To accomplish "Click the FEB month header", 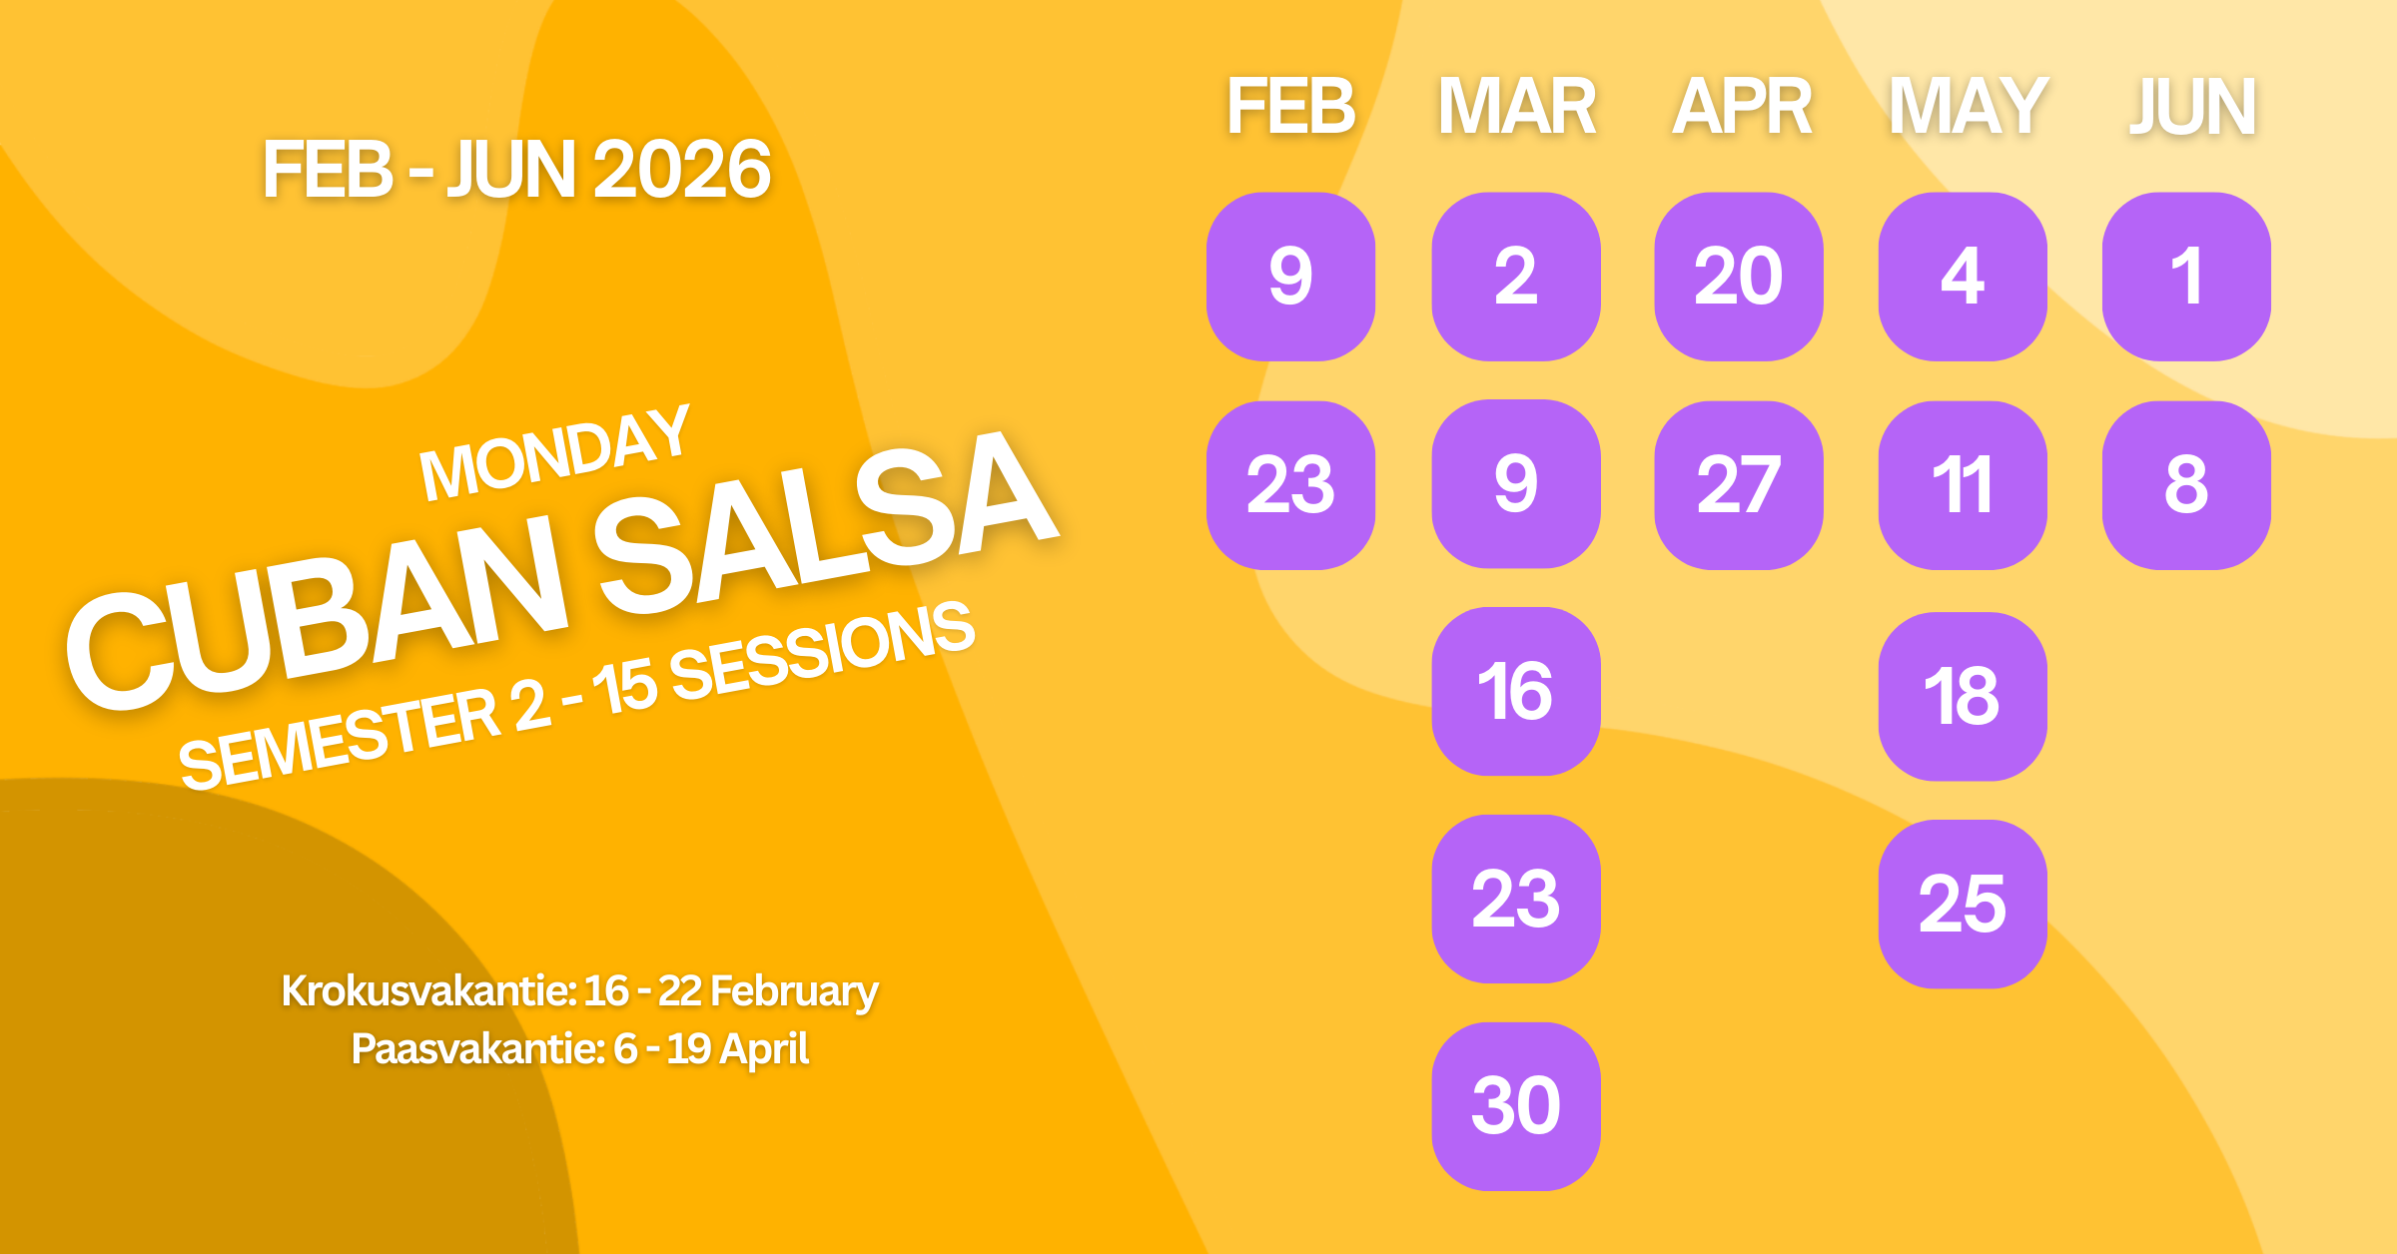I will (1290, 106).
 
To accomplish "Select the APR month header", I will (1742, 106).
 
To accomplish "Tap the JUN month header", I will (2191, 106).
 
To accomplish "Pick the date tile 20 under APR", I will (1739, 277).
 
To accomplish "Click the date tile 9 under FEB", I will (1290, 277).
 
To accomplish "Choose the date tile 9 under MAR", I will (1515, 484).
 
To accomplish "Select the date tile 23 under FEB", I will (1290, 485).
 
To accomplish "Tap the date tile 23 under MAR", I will (1515, 899).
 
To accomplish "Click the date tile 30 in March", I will (1515, 1106).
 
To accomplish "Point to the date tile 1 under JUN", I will (2186, 277).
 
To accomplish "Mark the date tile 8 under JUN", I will (2186, 485).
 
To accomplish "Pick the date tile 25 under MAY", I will (1963, 904).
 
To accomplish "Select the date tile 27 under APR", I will (1739, 485).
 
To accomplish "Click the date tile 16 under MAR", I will (1515, 691).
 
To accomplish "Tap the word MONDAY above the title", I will (555, 454).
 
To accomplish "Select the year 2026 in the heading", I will (681, 170).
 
